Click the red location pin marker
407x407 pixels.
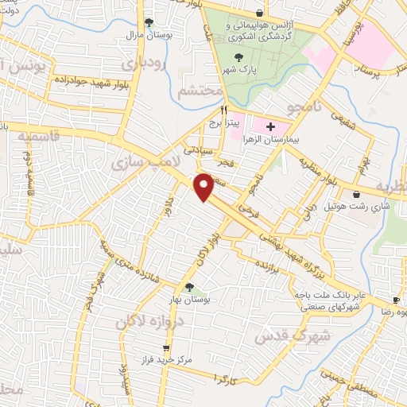[205, 186]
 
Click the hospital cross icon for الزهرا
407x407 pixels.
[270, 126]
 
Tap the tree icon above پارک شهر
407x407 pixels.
[240, 56]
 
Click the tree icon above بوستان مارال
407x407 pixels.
[148, 24]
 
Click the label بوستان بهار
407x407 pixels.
[188, 297]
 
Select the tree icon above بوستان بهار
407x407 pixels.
[189, 286]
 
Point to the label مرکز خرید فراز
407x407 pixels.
[166, 359]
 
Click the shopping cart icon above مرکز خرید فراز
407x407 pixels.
[165, 347]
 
